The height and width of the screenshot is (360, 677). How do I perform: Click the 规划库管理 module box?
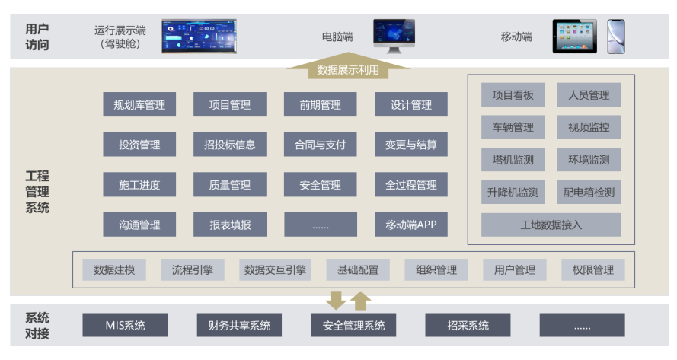139,105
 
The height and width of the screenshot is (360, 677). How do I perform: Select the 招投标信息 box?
230,145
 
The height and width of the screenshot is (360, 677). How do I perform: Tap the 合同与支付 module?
320,145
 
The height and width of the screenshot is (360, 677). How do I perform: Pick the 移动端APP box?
410,225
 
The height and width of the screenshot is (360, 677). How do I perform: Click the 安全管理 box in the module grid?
320,185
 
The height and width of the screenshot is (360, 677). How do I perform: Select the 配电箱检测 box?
589,193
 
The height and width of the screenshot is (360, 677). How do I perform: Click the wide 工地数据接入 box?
551,225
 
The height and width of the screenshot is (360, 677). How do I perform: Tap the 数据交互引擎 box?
276,269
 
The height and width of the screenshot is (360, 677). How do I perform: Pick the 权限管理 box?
593,269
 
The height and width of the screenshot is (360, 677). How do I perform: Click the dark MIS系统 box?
125,326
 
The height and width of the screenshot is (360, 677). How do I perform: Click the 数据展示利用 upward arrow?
348,68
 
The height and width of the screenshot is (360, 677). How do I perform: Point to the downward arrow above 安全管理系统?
335,299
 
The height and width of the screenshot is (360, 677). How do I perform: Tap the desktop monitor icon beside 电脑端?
394,36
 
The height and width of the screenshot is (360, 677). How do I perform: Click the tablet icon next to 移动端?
574,37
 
